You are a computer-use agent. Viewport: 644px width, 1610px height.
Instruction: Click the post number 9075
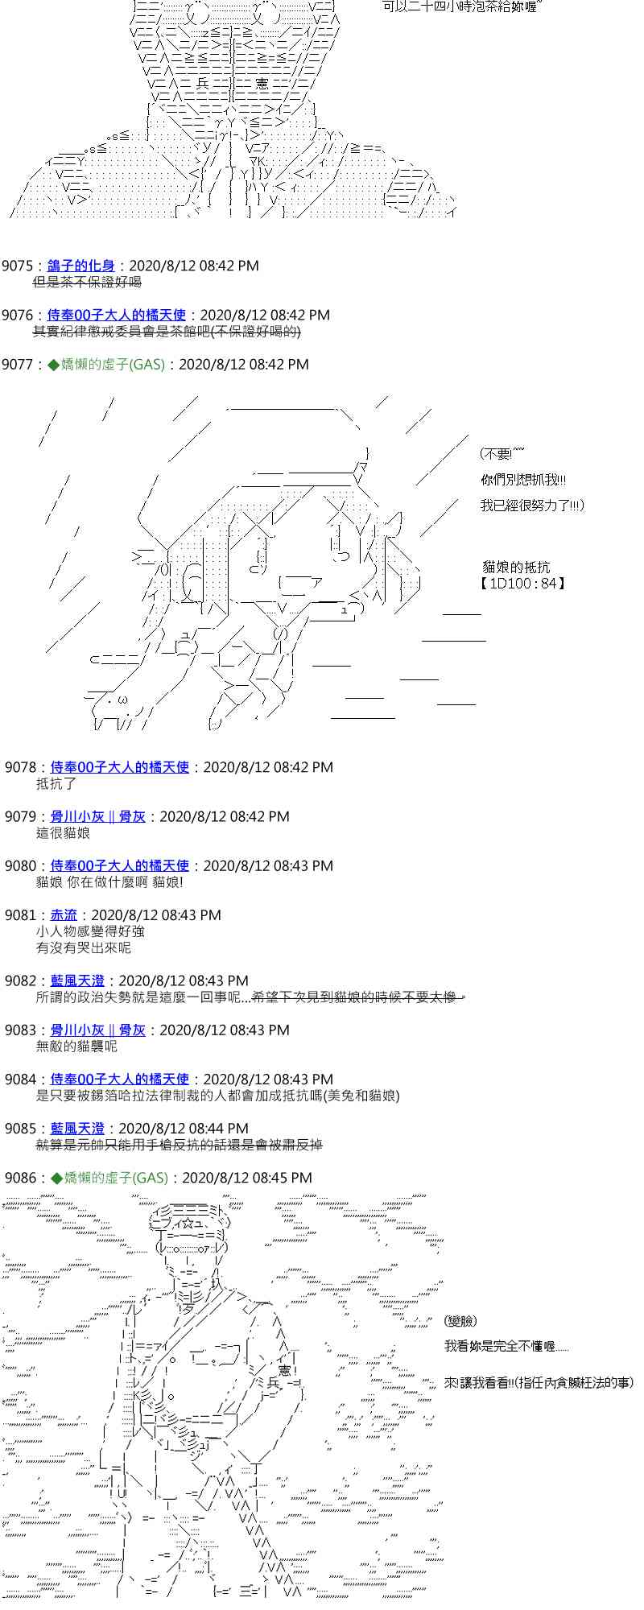17,266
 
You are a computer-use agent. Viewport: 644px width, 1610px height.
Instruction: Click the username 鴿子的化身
80,266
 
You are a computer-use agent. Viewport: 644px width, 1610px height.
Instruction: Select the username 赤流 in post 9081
64,915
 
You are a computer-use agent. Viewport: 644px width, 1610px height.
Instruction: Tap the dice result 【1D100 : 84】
523,583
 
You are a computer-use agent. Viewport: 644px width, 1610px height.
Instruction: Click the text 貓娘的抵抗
515,567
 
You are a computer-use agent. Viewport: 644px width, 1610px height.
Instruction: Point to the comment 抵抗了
56,783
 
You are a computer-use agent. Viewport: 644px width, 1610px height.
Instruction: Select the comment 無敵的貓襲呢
76,1046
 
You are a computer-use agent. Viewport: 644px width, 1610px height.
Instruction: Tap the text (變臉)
460,1321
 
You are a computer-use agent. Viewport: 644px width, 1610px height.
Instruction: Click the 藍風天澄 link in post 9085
77,1129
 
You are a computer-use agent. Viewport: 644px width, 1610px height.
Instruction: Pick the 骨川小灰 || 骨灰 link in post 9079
98,816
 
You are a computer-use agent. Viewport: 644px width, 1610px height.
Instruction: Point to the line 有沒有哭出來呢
83,947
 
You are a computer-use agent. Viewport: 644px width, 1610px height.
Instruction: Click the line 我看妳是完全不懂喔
506,1346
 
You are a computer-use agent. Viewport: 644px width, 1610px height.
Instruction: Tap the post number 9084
20,1080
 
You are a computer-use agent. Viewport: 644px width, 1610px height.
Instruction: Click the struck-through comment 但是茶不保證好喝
87,282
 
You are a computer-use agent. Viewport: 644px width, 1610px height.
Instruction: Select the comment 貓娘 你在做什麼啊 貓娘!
109,881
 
